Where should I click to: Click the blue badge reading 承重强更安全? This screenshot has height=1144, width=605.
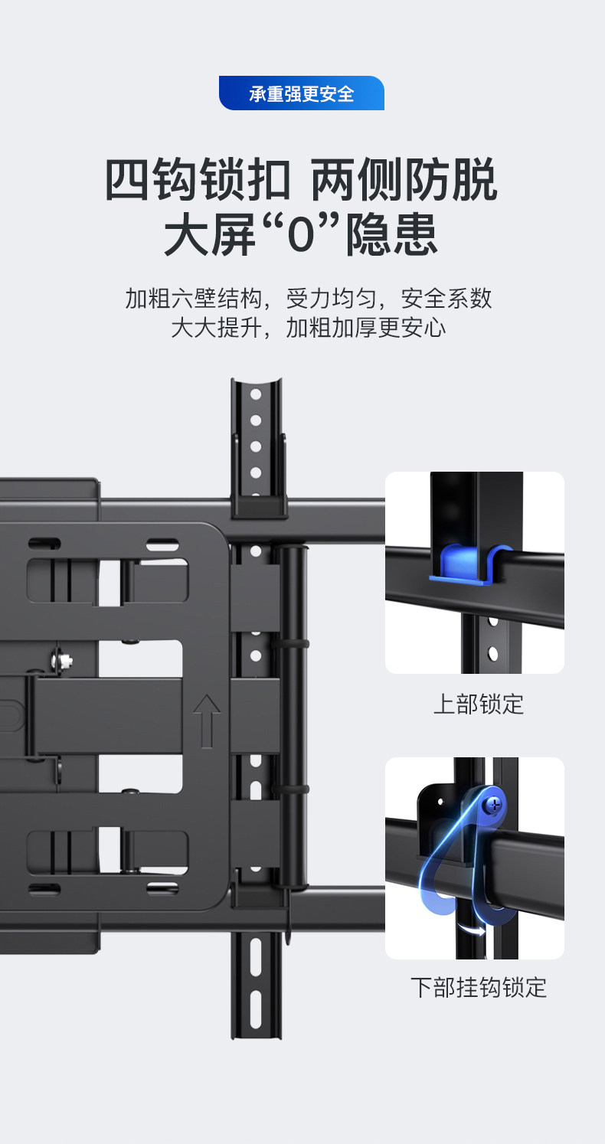(x=301, y=93)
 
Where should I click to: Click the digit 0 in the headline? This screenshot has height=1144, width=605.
(x=301, y=234)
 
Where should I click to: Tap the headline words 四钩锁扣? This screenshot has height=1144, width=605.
(x=198, y=181)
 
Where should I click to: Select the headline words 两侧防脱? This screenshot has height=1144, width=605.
(x=404, y=181)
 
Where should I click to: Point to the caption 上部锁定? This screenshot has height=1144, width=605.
(x=478, y=704)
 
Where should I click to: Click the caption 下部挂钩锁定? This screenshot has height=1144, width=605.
(x=478, y=987)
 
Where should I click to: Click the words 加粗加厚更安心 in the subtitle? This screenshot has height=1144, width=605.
(x=365, y=328)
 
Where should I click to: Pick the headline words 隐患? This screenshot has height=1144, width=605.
(x=392, y=234)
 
